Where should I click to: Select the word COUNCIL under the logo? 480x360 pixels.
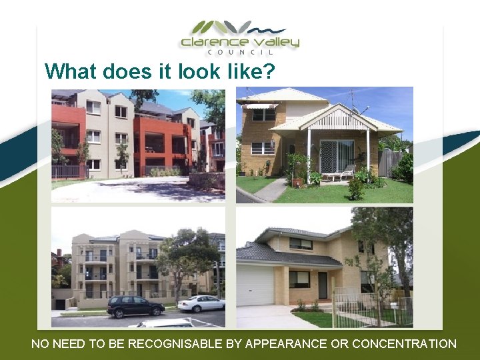point(240,53)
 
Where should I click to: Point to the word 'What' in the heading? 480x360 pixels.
point(69,71)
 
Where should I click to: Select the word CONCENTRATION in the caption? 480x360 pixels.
point(404,344)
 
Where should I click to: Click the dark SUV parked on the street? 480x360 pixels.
point(135,306)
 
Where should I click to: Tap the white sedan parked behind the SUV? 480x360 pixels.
point(201,303)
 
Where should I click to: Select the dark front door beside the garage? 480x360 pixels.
point(323,285)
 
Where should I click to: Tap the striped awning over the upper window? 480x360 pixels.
point(260,105)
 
